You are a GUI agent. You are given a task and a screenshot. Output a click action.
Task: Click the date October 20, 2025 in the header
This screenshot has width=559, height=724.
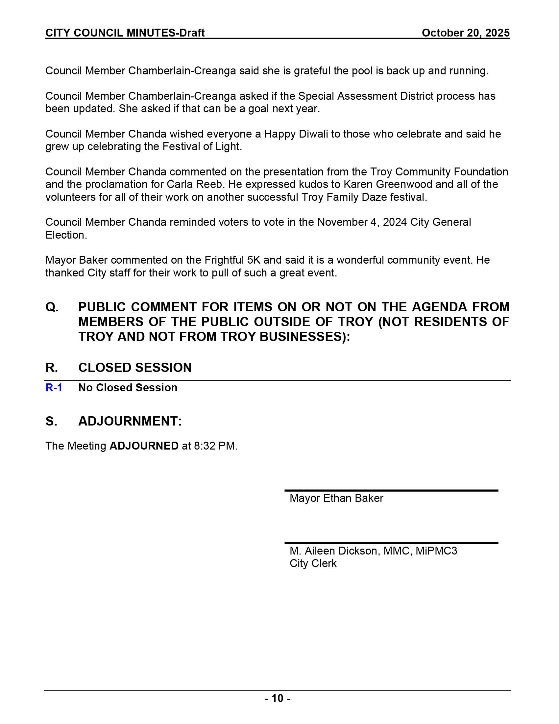click(465, 33)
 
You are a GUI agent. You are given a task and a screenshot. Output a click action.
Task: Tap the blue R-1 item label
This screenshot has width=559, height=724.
click(54, 388)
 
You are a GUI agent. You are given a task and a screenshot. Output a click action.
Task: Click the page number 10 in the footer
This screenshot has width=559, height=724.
click(278, 698)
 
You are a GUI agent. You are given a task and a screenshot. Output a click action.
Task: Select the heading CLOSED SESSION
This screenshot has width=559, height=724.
click(135, 367)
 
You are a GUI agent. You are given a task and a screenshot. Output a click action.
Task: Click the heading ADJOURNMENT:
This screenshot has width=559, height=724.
click(130, 421)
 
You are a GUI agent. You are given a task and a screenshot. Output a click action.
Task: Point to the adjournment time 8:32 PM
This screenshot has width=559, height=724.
click(215, 446)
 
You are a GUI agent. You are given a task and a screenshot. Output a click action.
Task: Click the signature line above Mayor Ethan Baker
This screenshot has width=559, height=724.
click(391, 490)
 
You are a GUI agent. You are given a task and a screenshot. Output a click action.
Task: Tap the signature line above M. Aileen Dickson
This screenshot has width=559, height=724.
click(391, 543)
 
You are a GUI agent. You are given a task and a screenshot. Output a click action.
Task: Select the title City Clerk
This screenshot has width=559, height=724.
click(313, 563)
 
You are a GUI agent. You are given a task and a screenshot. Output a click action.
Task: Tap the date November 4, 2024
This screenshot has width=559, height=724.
click(362, 222)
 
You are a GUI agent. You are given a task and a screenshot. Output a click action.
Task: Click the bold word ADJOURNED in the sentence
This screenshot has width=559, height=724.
click(144, 446)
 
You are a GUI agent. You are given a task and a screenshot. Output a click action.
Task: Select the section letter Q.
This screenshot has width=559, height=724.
click(52, 307)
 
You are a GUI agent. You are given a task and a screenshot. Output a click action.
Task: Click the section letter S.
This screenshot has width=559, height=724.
click(51, 421)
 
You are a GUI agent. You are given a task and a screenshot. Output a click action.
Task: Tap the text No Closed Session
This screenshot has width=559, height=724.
click(128, 388)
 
